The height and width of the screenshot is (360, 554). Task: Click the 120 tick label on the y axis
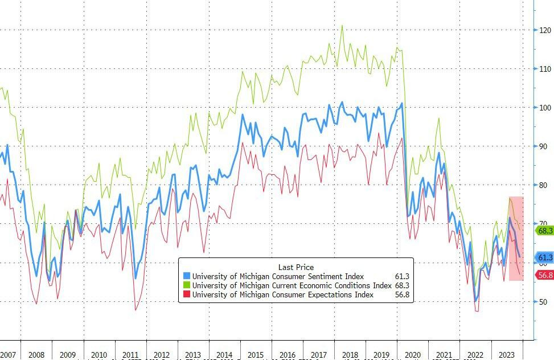pyautogui.click(x=545, y=30)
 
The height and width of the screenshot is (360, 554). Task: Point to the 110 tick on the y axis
pyautogui.click(x=545, y=69)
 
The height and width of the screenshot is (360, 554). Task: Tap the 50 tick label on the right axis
pyautogui.click(x=544, y=301)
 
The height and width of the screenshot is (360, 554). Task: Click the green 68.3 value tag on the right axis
pyautogui.click(x=544, y=231)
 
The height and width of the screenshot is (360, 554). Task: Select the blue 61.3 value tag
pyautogui.click(x=544, y=258)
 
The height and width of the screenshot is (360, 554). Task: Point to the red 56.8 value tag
pyautogui.click(x=544, y=275)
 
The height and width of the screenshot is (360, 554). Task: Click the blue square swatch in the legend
pyautogui.click(x=186, y=277)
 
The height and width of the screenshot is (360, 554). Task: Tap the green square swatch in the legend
pyautogui.click(x=186, y=285)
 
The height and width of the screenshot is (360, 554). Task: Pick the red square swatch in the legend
pyautogui.click(x=186, y=294)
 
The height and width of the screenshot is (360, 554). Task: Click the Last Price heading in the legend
pyautogui.click(x=296, y=267)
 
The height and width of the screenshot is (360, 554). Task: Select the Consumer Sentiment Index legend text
pyautogui.click(x=278, y=277)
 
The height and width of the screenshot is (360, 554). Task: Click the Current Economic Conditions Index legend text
pyautogui.click(x=292, y=285)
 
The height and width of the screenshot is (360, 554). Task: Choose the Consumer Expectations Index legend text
pyautogui.click(x=283, y=294)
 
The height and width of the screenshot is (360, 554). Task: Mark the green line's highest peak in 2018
pyautogui.click(x=342, y=25)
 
